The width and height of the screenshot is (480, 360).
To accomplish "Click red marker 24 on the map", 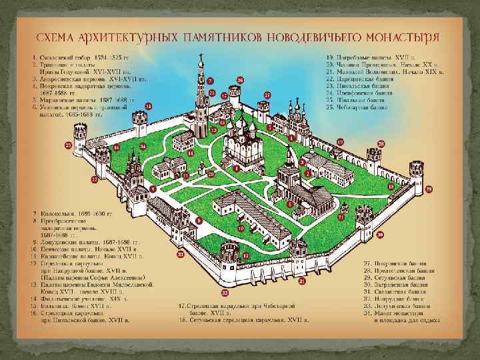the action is [x=149, y=106].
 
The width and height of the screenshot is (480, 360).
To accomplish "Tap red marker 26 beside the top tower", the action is [x=240, y=81].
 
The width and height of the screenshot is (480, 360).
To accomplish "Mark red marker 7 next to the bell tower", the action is [x=209, y=80].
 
